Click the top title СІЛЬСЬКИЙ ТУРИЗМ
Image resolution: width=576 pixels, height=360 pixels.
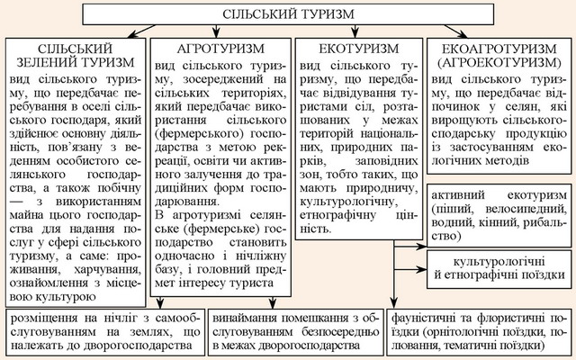(x=288, y=14)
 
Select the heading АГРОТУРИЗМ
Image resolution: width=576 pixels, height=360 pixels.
(x=220, y=49)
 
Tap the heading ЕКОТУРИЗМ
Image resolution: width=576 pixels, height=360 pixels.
(x=359, y=49)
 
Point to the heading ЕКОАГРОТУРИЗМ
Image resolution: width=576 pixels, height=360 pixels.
(x=499, y=49)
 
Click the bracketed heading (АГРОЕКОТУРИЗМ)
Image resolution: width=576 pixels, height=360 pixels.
(x=499, y=62)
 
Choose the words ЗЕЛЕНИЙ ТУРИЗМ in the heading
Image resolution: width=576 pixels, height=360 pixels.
(x=76, y=62)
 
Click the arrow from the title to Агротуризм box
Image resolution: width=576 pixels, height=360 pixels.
(x=216, y=31)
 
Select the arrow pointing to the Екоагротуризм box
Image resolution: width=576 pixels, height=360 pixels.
(x=455, y=31)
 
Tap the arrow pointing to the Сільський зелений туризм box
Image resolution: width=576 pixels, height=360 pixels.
(x=141, y=31)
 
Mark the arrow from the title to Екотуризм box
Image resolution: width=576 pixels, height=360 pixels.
(x=355, y=31)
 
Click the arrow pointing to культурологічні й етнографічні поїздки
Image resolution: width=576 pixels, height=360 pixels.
(x=410, y=270)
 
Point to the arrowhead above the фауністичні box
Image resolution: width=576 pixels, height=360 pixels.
(x=394, y=303)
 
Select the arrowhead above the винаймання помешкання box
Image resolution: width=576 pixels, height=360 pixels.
(x=272, y=303)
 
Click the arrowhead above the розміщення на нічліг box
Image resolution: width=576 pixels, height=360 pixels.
(x=160, y=303)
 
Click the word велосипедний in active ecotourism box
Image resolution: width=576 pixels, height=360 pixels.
(x=526, y=209)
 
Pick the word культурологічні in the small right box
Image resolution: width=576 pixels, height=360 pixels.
(x=499, y=262)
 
